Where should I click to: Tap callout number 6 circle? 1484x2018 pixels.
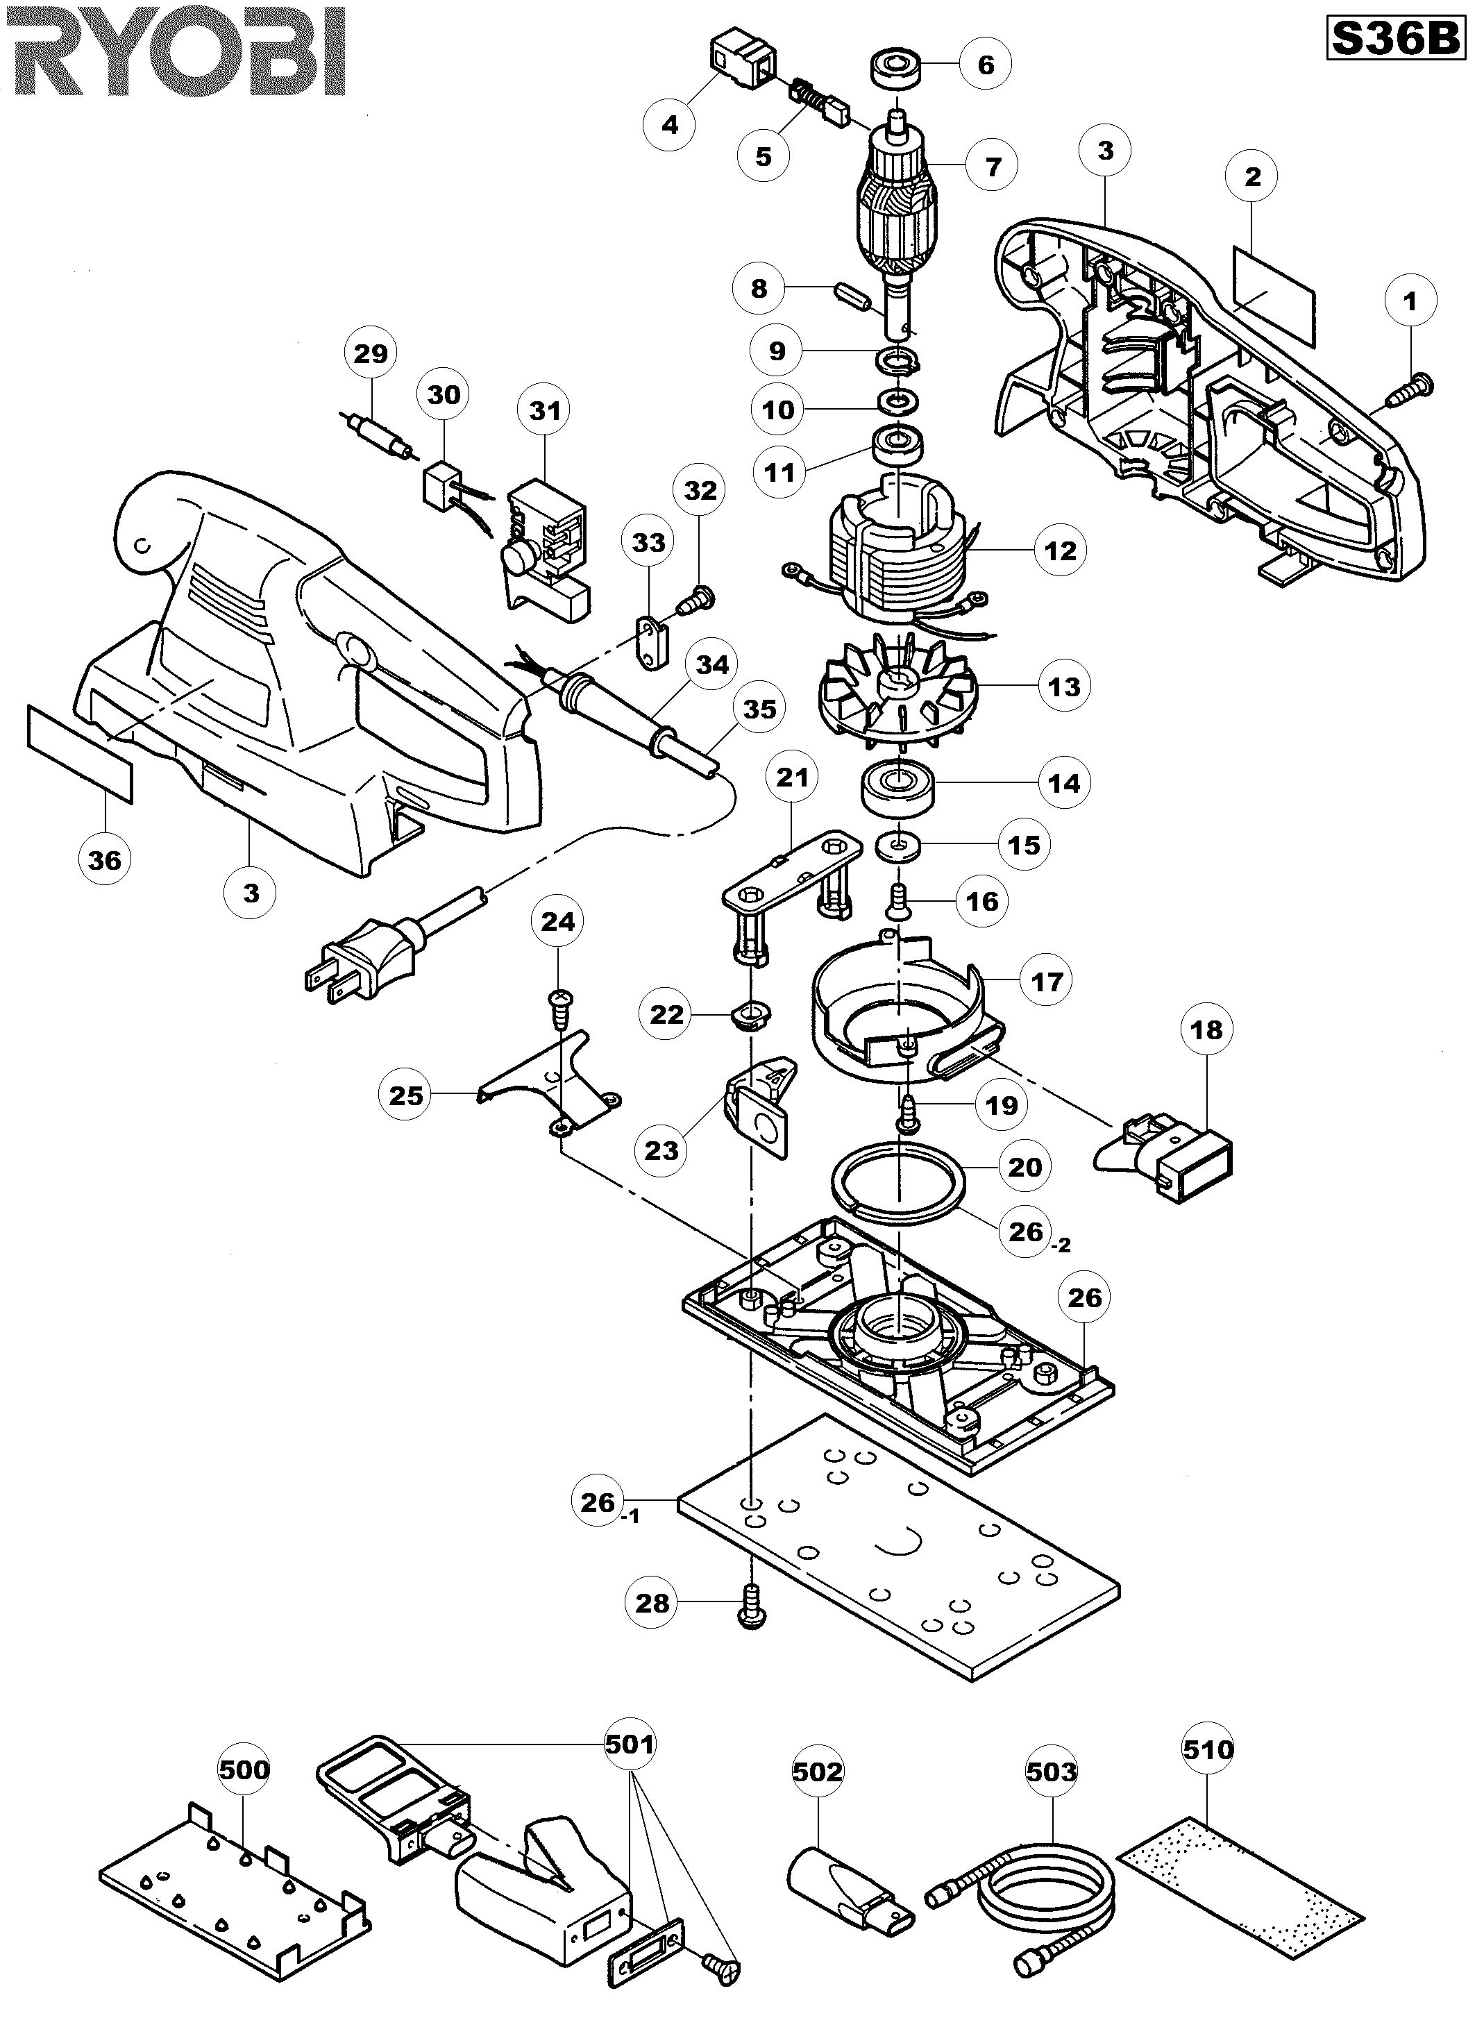(x=986, y=65)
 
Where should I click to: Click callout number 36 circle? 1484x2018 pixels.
(x=104, y=860)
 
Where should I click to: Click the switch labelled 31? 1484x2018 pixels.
(x=546, y=557)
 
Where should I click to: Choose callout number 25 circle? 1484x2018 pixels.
(x=405, y=1095)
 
